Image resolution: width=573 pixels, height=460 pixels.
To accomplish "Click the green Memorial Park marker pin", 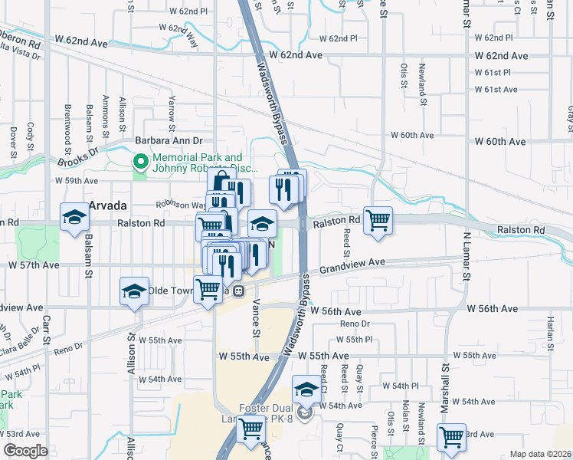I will click(x=140, y=162).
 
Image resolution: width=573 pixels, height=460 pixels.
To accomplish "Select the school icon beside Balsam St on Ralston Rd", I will click(x=74, y=218).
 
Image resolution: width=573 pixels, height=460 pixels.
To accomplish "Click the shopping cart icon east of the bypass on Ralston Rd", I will click(x=378, y=220).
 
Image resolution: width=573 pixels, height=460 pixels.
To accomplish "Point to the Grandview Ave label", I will click(x=352, y=263).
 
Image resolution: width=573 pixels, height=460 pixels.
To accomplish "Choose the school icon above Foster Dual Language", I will click(x=306, y=389).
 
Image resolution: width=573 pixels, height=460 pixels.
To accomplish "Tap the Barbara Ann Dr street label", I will click(x=169, y=141).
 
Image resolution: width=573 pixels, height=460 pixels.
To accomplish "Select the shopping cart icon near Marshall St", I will click(x=451, y=437).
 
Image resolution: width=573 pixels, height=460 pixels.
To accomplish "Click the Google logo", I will click(x=25, y=451).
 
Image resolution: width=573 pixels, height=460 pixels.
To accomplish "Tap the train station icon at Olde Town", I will click(x=239, y=291).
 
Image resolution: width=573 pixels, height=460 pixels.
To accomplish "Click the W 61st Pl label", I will click(x=491, y=72).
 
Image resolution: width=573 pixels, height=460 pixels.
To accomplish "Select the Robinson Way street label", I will click(x=182, y=205).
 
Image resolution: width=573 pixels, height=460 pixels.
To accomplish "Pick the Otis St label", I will click(x=402, y=76).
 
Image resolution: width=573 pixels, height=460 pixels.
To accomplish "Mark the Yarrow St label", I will click(x=172, y=109).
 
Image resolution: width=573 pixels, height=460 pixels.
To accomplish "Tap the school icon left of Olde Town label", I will click(x=134, y=292).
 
